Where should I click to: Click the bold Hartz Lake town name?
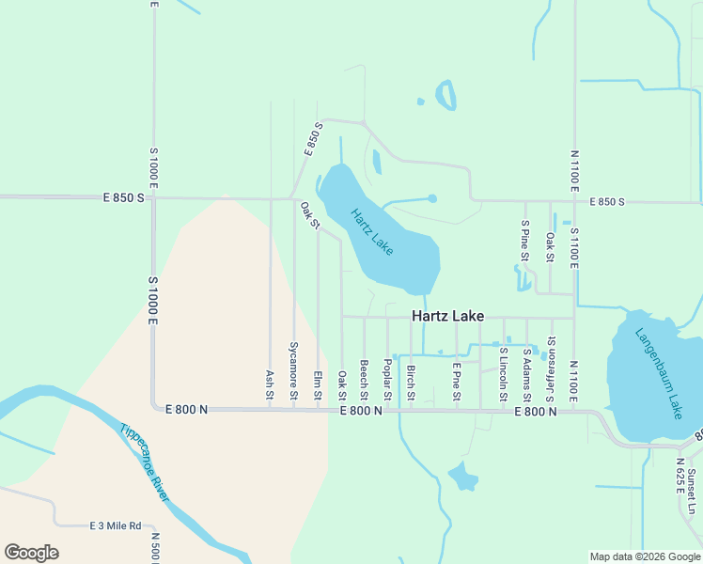click(x=448, y=316)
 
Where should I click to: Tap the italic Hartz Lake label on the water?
click(x=372, y=231)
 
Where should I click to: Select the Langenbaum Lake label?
click(x=657, y=372)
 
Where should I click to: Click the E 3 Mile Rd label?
click(x=115, y=525)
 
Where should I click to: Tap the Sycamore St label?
click(x=294, y=372)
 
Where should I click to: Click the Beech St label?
click(x=364, y=377)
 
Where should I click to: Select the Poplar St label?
click(x=387, y=376)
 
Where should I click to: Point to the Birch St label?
click(x=411, y=381)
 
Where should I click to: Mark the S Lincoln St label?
click(x=504, y=374)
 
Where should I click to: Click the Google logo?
click(x=31, y=553)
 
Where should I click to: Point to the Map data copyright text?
click(x=644, y=556)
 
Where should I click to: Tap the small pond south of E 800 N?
click(x=462, y=477)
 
